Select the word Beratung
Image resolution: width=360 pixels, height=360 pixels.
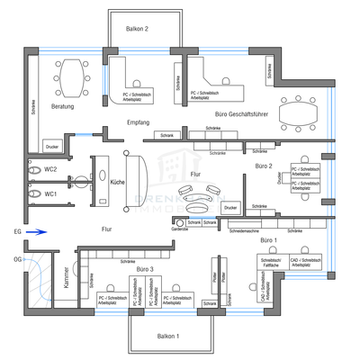click(62, 107)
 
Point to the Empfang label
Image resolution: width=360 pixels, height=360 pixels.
click(139, 121)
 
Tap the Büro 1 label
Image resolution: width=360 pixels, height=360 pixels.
click(268, 240)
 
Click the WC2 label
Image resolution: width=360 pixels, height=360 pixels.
click(51, 169)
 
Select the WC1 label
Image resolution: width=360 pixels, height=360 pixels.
click(51, 193)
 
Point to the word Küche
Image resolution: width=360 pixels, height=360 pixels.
click(117, 182)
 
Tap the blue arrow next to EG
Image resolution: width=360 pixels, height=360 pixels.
click(33, 231)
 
